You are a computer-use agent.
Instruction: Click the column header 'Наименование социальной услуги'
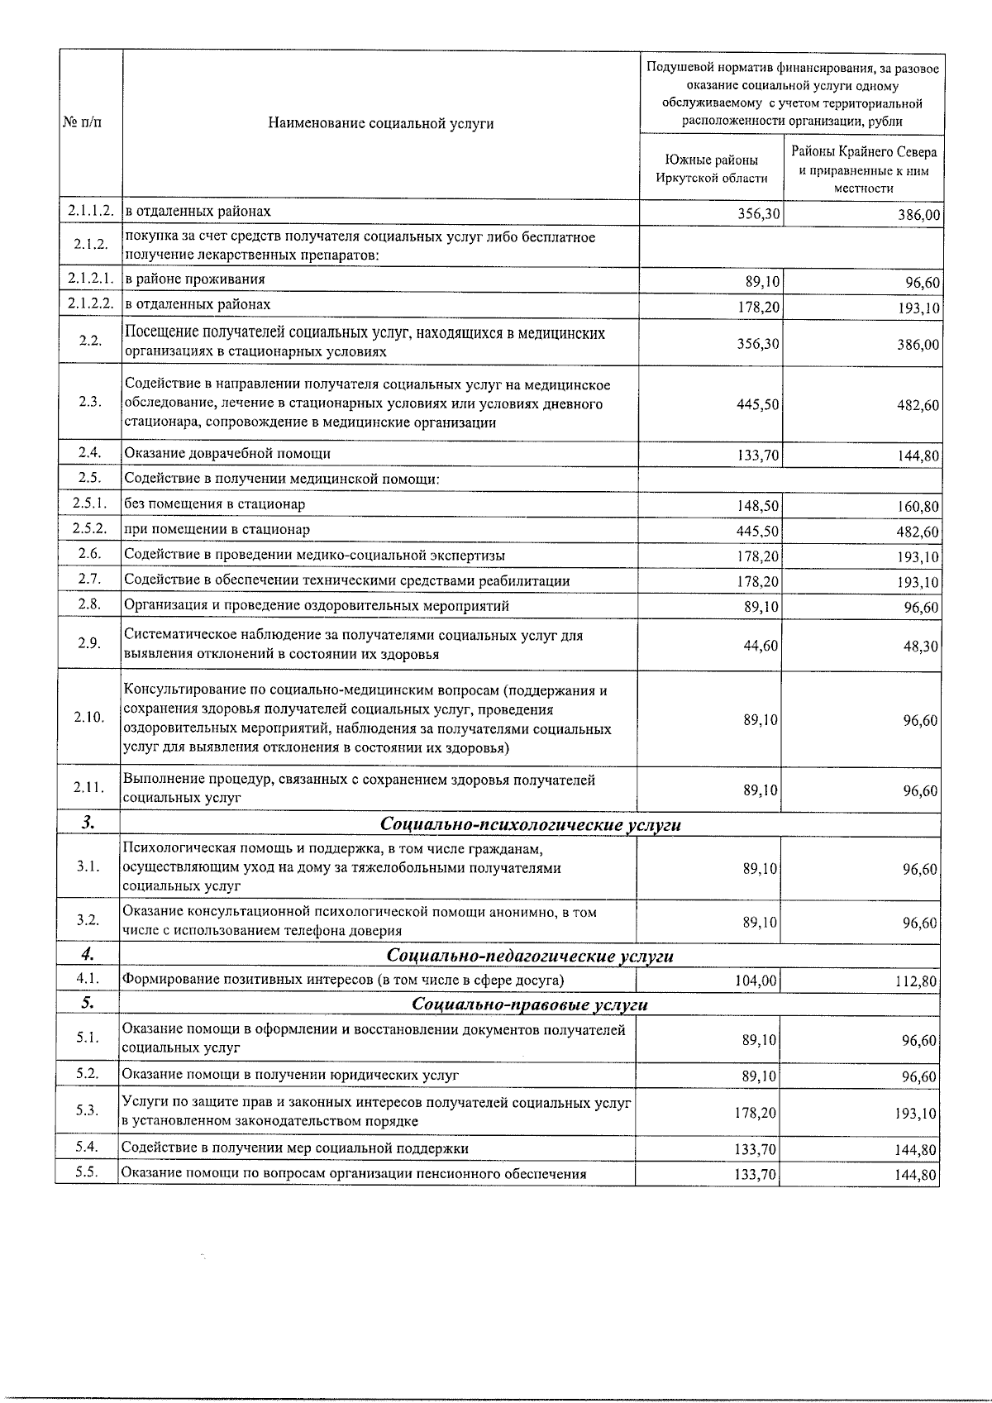point(380,124)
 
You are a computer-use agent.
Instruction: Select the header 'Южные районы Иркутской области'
point(711,169)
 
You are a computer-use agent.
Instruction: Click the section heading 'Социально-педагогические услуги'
point(530,957)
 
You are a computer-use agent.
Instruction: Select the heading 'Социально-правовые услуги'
point(530,1005)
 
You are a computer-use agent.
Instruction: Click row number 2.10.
point(88,718)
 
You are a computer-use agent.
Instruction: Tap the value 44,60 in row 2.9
point(760,646)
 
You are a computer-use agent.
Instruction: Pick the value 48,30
point(920,647)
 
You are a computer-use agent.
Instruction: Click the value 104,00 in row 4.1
point(755,981)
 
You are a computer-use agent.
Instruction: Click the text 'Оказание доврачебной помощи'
point(227,454)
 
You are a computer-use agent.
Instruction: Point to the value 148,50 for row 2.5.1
point(758,506)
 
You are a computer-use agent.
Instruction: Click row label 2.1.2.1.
point(90,279)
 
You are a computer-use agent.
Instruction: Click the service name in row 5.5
point(354,1174)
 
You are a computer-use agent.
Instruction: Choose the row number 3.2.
point(88,920)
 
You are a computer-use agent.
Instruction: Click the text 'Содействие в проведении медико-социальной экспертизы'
point(314,556)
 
